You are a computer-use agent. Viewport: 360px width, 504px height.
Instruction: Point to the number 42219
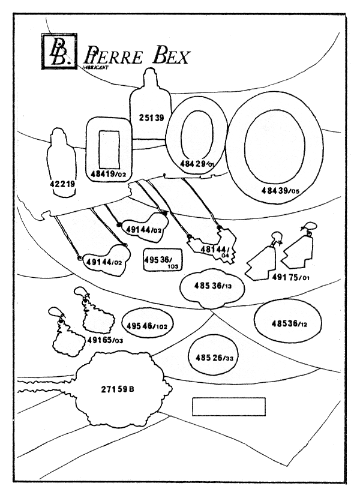tap(62, 185)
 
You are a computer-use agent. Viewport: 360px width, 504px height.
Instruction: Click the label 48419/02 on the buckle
tap(108, 174)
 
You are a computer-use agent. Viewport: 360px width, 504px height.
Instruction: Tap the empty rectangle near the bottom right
tap(228, 406)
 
